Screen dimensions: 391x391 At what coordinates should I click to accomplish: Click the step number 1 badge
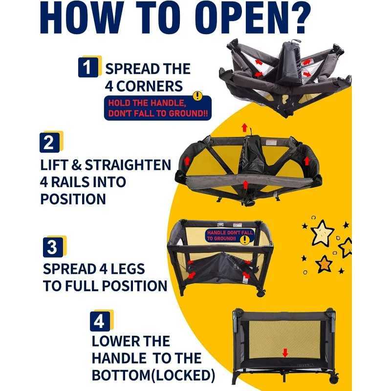coord(88,67)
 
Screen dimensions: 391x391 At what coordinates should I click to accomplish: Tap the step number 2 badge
coord(49,143)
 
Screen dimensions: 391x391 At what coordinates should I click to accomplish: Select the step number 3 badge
coord(53,247)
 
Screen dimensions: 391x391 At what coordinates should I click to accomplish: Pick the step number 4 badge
coord(100,322)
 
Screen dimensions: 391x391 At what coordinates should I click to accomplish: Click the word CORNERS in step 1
coord(150,87)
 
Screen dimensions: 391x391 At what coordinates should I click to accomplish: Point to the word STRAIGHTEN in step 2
coord(128,165)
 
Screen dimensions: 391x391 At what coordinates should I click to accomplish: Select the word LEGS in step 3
coord(128,269)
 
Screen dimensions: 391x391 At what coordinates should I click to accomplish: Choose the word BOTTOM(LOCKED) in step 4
coord(153,375)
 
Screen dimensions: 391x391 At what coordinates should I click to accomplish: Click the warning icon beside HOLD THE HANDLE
coord(198,95)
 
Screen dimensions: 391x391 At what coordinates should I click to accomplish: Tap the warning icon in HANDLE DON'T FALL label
coord(245,239)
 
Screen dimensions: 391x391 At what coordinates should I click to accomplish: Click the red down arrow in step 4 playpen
coord(285,352)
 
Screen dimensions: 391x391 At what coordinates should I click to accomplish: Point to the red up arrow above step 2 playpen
coord(244,128)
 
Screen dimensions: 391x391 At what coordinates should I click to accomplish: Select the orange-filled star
coord(324,264)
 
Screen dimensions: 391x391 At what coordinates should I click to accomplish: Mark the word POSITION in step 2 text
coord(73,199)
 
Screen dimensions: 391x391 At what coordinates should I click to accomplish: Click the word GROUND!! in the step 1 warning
coord(188,113)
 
